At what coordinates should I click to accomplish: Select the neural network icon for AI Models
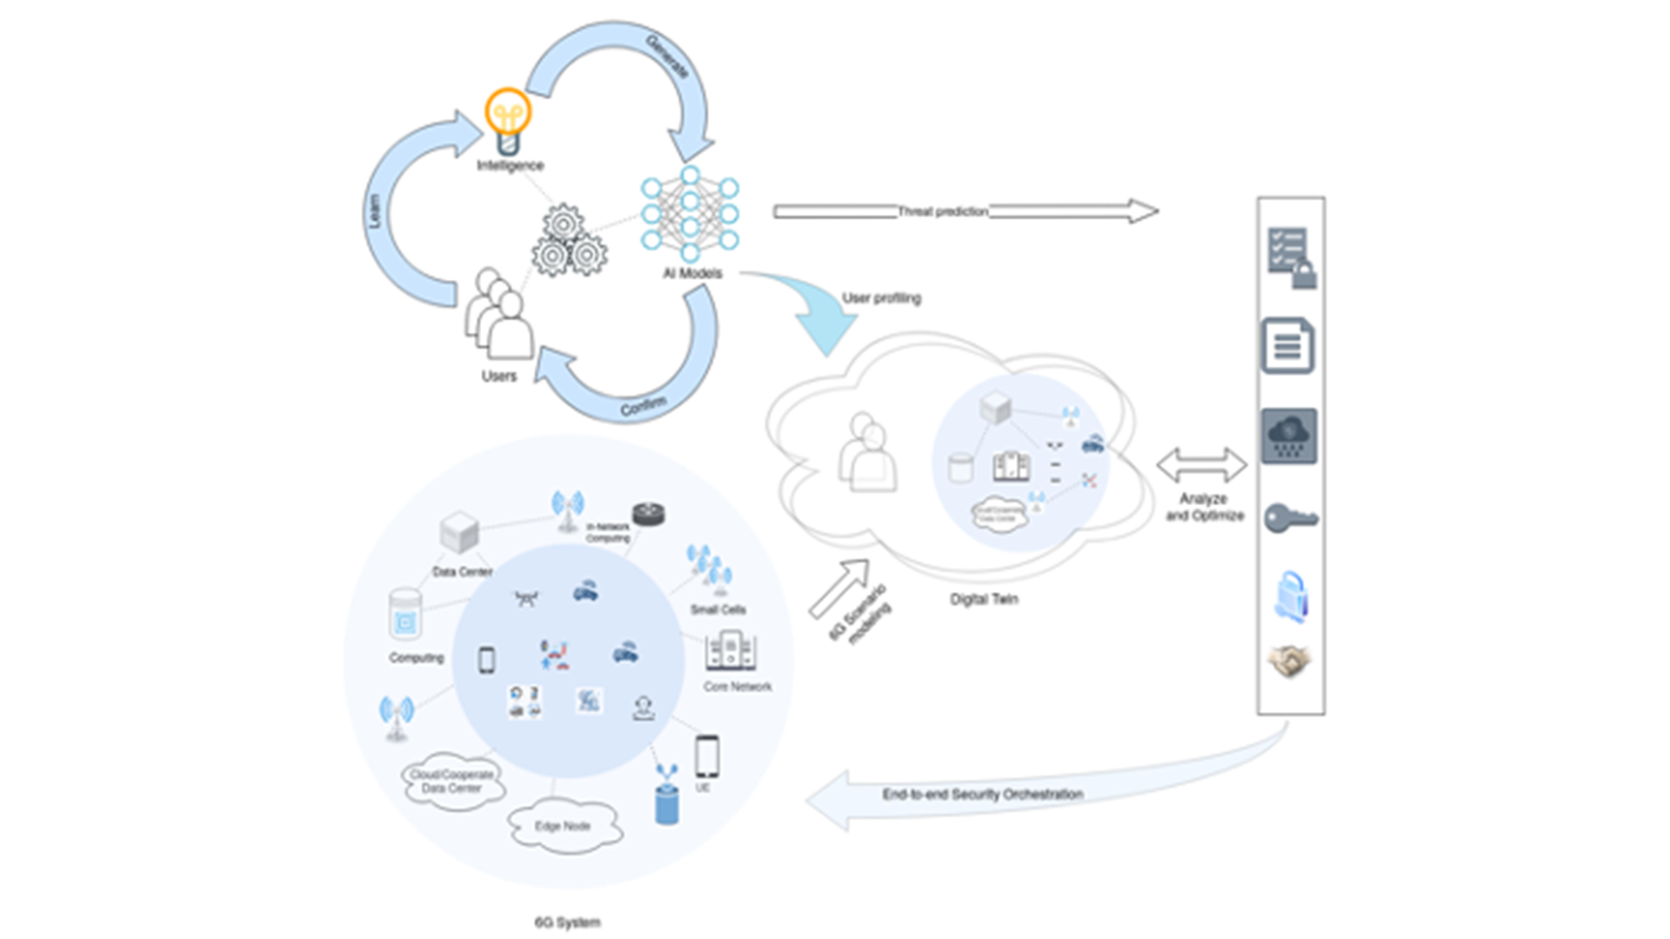tap(690, 215)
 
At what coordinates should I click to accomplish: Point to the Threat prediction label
tap(943, 211)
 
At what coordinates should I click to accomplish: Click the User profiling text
tap(881, 298)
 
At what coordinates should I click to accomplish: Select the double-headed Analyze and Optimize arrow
tap(1201, 465)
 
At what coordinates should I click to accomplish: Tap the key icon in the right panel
tap(1290, 519)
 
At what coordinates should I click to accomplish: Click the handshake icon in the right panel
tap(1290, 662)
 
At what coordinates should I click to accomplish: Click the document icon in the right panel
tap(1288, 346)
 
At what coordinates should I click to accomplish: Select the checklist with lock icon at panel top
tap(1292, 257)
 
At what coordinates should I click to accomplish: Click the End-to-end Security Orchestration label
tap(982, 794)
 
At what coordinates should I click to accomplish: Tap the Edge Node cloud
tap(564, 826)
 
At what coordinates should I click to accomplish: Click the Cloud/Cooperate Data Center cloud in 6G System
tap(451, 781)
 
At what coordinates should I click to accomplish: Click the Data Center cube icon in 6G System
tap(459, 532)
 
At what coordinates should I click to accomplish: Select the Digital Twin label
tap(983, 599)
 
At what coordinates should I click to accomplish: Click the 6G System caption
tap(567, 922)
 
